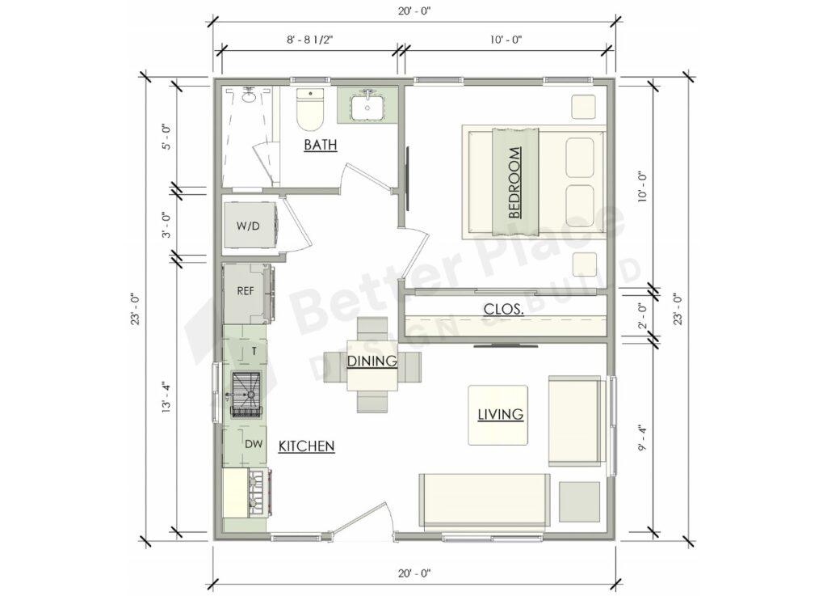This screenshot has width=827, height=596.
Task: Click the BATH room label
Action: [320, 146]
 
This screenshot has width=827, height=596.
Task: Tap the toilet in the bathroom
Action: [309, 110]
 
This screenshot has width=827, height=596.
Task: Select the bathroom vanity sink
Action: [367, 105]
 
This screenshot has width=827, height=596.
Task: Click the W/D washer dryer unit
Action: [248, 226]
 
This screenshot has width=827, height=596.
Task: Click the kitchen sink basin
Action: [248, 394]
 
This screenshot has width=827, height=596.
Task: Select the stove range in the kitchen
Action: [247, 494]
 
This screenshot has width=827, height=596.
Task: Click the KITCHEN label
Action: [306, 446]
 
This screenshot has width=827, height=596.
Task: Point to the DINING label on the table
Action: [372, 361]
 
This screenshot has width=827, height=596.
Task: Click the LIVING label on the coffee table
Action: [500, 415]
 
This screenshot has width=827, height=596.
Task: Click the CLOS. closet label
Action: [506, 309]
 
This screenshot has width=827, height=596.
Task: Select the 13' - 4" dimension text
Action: [166, 398]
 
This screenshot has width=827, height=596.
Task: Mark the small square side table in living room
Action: [579, 501]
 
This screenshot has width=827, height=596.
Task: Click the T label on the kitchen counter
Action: [254, 351]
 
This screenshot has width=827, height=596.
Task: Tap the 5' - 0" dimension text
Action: [166, 137]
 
